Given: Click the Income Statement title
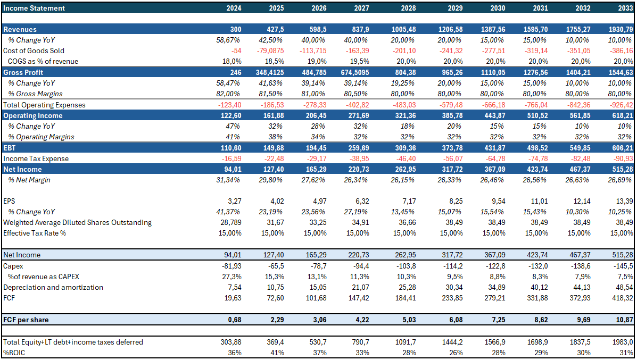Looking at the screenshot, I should pyautogui.click(x=34, y=8).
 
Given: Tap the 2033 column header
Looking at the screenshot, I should pyautogui.click(x=624, y=8).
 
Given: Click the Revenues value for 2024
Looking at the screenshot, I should pyautogui.click(x=235, y=30).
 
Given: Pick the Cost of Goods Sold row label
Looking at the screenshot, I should pyautogui.click(x=34, y=51).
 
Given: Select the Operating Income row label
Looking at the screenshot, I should pyautogui.click(x=33, y=115).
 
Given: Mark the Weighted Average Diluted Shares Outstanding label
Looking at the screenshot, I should pyautogui.click(x=78, y=222).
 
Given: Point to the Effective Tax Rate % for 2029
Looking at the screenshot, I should pyautogui.click(x=450, y=233).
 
